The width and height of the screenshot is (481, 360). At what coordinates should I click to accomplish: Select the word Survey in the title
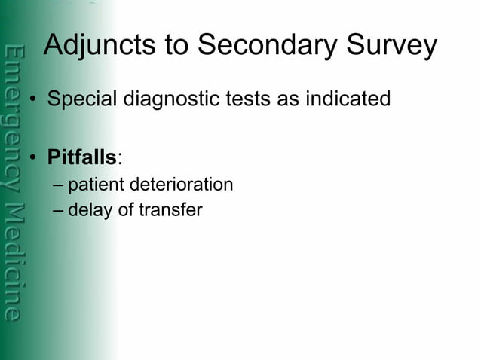click(392, 46)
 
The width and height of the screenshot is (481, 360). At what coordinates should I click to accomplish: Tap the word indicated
click(348, 99)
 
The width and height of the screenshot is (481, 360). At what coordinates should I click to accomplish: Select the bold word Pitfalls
click(81, 158)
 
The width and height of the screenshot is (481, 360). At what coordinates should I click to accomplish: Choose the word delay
click(87, 209)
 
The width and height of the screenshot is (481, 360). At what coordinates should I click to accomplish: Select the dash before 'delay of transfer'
click(59, 210)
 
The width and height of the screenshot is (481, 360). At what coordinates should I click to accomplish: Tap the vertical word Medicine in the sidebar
click(13, 264)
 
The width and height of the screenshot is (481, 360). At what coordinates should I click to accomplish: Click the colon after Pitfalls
click(119, 159)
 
